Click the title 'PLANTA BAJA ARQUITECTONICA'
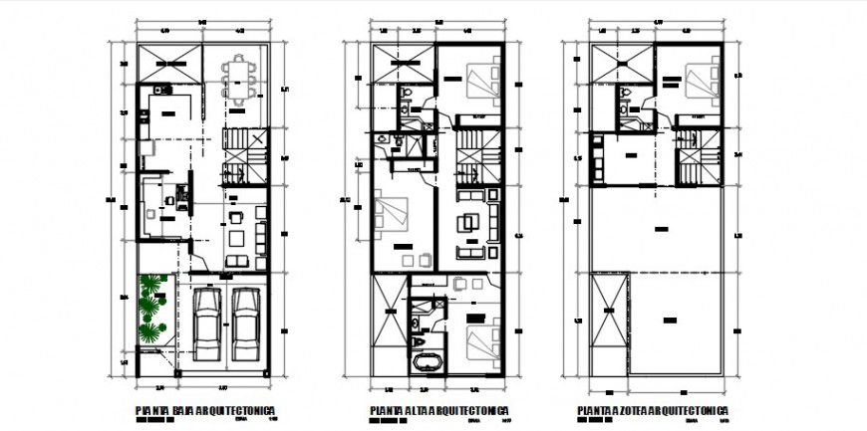click(204, 410)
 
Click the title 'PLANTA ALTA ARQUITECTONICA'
click(438, 410)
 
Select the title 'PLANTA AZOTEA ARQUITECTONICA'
click(653, 410)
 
